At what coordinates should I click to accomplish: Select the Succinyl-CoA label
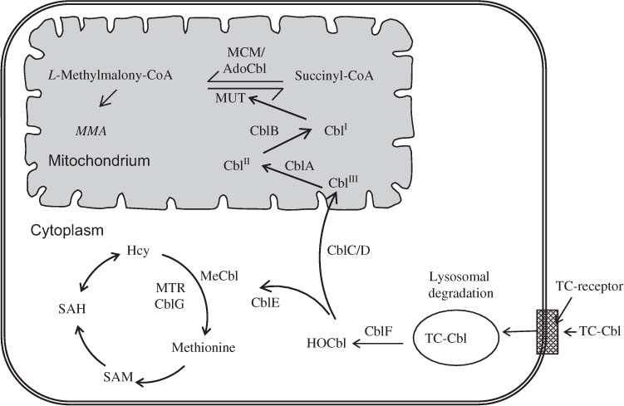pos(333,76)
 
